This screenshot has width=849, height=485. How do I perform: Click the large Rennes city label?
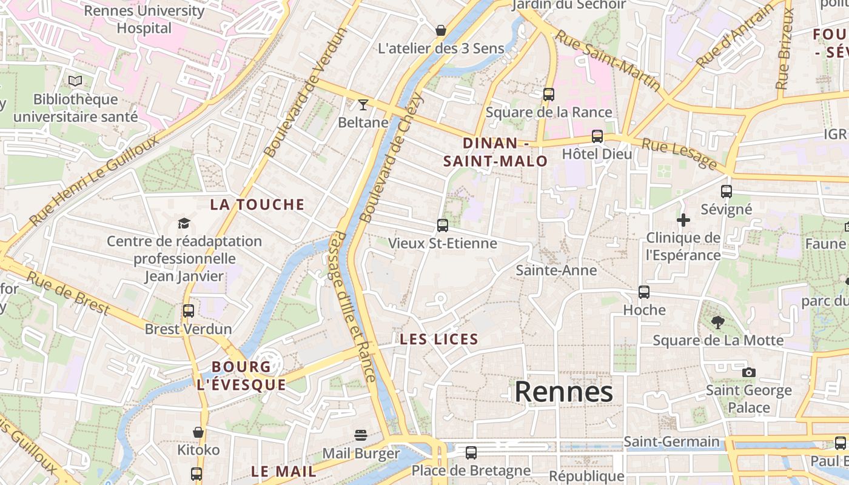tap(563, 392)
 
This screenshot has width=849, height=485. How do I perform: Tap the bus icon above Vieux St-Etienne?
tap(443, 226)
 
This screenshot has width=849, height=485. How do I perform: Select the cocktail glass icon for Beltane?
tap(363, 105)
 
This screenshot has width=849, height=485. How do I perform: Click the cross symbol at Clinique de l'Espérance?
tap(683, 220)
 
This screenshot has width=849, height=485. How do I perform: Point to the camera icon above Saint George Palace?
tap(749, 372)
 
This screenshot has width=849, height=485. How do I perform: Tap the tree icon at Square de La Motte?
tap(718, 323)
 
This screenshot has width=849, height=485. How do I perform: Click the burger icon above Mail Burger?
tap(361, 435)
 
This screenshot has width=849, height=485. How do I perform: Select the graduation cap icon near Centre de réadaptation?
tap(184, 224)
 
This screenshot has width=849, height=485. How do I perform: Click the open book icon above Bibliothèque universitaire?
tap(75, 81)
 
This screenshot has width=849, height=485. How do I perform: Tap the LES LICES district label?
tap(439, 339)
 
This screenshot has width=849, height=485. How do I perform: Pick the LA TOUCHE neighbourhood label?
tap(257, 205)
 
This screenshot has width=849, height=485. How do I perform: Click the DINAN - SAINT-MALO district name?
tap(495, 152)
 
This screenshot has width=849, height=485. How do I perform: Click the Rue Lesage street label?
tap(679, 154)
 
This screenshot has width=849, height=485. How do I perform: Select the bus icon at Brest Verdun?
tap(189, 311)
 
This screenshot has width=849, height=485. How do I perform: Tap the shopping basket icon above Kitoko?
tap(198, 432)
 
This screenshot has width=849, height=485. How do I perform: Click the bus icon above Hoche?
tap(644, 292)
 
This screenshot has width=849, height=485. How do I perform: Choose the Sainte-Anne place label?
tap(556, 270)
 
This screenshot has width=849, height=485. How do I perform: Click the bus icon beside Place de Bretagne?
tap(471, 453)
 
